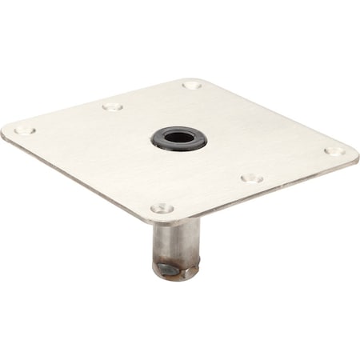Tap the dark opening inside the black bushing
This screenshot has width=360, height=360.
pos(179,138)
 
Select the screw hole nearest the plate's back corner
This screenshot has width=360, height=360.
pos(191,84)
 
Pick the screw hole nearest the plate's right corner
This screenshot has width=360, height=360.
pos(333,150)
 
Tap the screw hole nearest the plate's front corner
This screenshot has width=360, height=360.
pos(162,208)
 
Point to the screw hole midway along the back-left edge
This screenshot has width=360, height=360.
pos(113,106)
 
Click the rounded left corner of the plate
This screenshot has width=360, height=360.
pos(6,130)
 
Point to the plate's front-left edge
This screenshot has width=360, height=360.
pos(80,178)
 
